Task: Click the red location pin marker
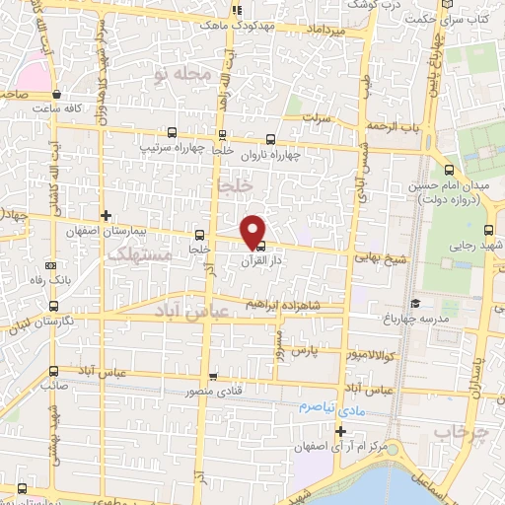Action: tap(254, 230)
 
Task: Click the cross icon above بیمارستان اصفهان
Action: tap(107, 215)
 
